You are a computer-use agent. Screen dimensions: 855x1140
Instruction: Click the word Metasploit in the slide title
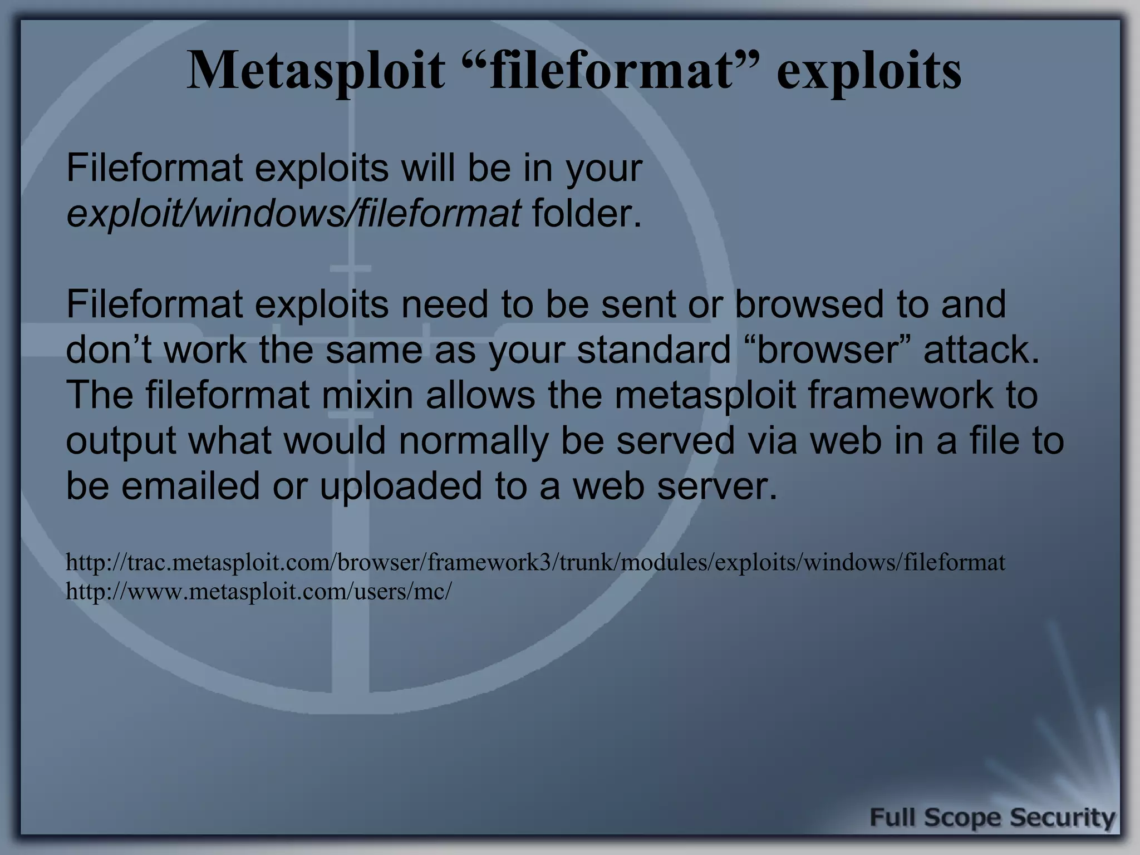[x=316, y=71]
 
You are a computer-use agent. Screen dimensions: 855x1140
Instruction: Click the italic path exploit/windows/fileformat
[x=293, y=214]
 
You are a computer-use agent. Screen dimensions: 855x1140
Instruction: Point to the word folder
[x=586, y=214]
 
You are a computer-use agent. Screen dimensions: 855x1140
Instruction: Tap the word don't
[x=109, y=350]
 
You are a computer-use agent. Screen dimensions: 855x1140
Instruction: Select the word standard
[x=653, y=350]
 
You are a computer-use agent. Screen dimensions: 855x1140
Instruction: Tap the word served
[x=675, y=441]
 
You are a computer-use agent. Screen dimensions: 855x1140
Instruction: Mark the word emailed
[x=190, y=486]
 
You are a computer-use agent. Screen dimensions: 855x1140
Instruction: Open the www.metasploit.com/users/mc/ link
[x=259, y=592]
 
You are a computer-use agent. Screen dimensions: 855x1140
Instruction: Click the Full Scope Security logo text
[x=992, y=818]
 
